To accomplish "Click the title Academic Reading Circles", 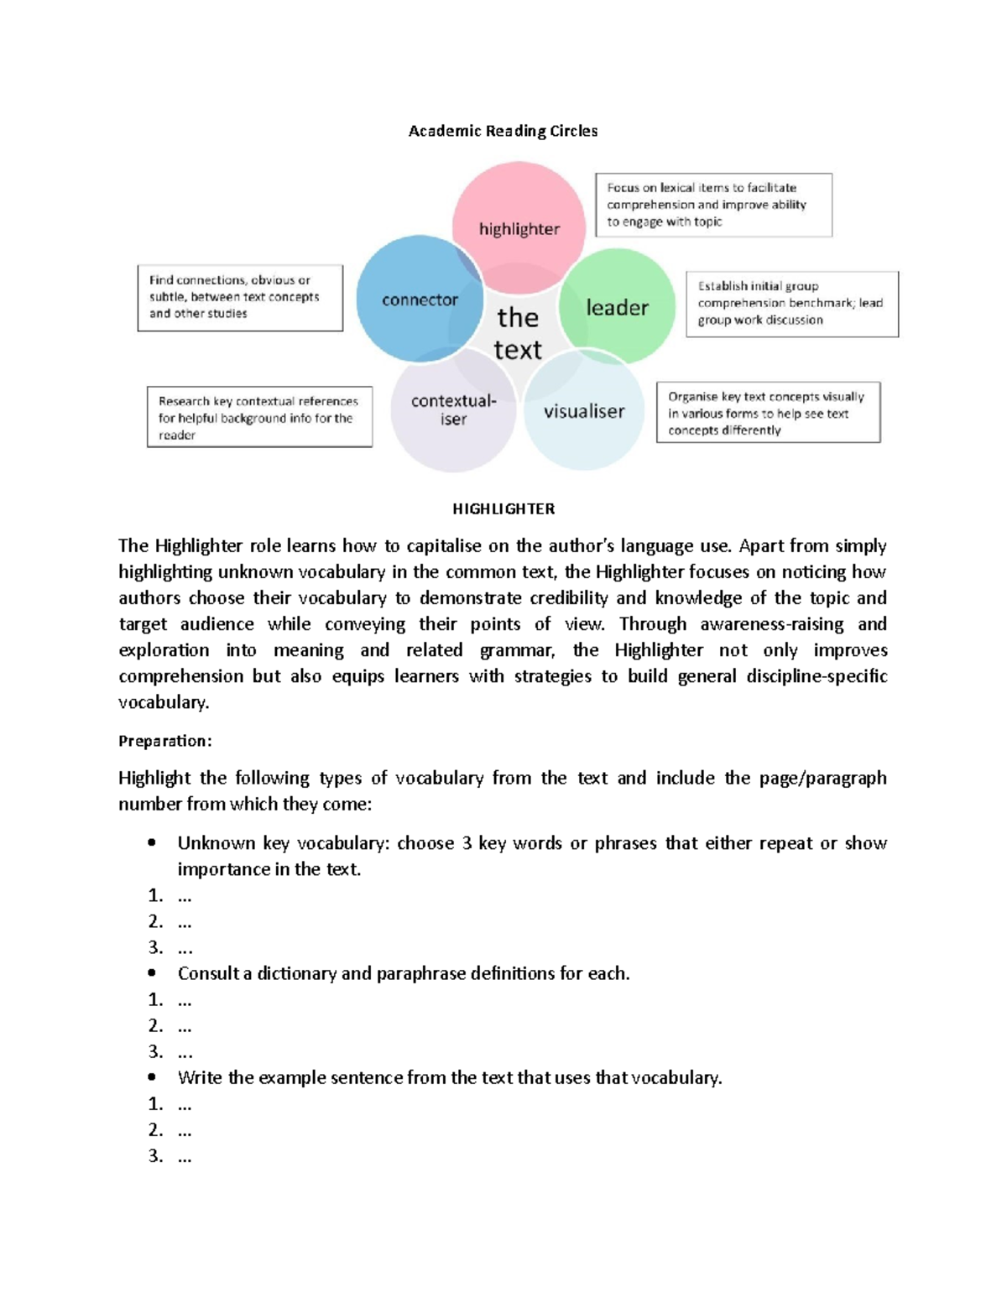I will [x=503, y=131].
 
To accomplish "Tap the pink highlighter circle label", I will [x=519, y=229].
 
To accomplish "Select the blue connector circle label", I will [x=420, y=300].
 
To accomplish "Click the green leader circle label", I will [x=617, y=308].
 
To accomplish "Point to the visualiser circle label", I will [x=584, y=411].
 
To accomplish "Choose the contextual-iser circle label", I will [x=453, y=409].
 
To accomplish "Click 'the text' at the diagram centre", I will [x=518, y=333].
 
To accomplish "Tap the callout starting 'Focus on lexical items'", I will [x=713, y=205].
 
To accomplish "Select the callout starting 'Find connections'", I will [x=240, y=297].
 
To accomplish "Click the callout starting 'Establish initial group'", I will [x=791, y=303].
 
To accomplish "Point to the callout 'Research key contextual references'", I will [x=259, y=417].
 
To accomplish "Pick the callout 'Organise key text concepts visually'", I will [x=768, y=413].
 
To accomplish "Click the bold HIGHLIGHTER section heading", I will [x=503, y=509].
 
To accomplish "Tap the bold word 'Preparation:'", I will [x=165, y=741].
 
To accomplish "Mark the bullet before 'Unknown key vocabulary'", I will [x=152, y=842].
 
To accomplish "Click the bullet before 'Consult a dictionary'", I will [x=152, y=973].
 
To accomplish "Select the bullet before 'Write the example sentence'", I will [x=152, y=1077].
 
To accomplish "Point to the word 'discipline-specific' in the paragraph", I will [x=817, y=676].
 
